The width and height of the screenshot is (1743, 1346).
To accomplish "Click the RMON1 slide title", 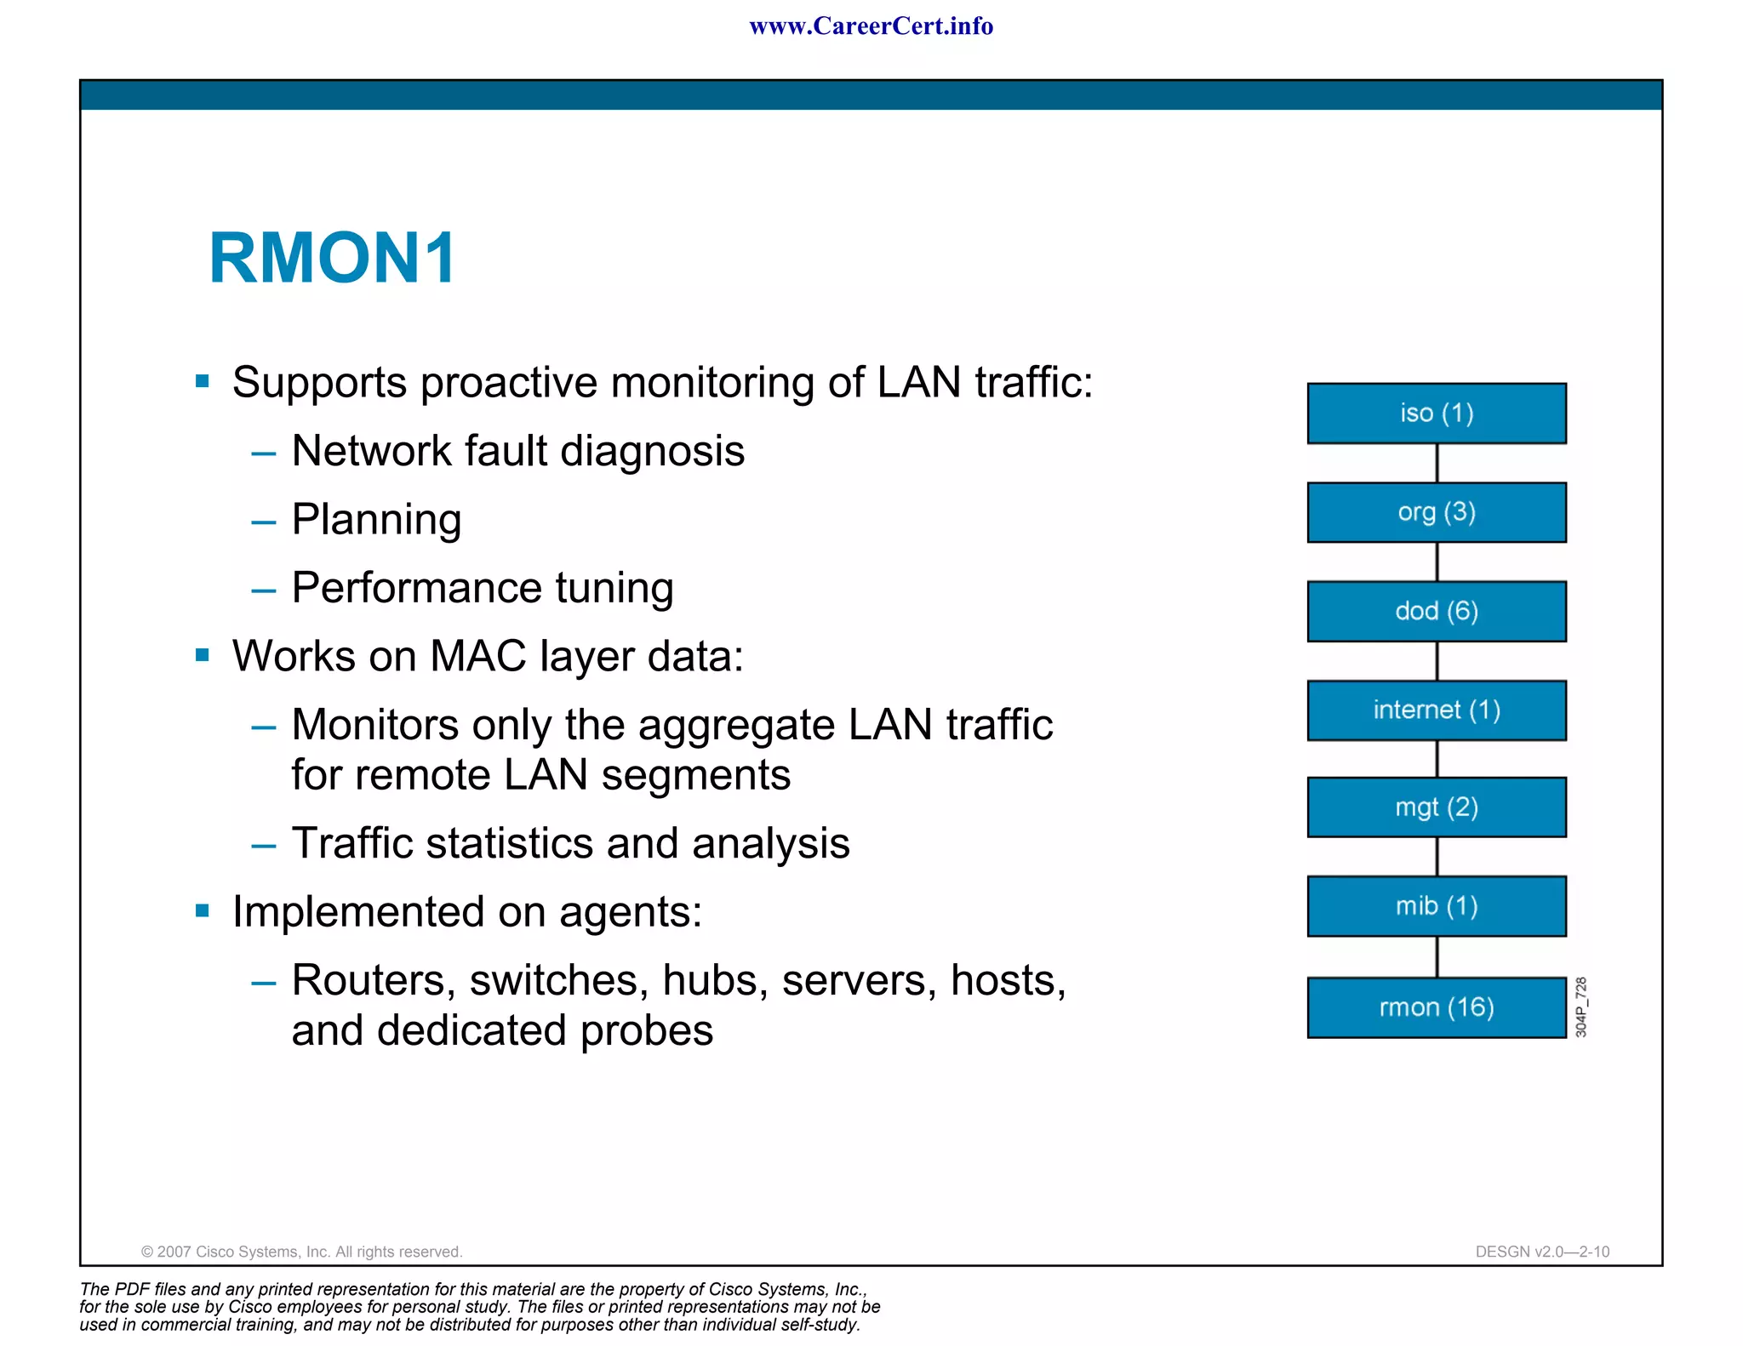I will [x=332, y=258].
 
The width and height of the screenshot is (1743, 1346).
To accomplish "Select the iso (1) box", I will [x=1437, y=413].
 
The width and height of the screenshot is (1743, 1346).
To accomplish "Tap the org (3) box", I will [x=1437, y=512].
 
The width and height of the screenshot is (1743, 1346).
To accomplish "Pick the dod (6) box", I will [x=1437, y=611].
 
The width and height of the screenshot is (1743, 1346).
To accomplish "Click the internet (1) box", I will [x=1437, y=710].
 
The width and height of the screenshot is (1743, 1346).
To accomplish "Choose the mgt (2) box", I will [x=1437, y=807].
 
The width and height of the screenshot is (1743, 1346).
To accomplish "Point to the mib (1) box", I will [x=1437, y=906].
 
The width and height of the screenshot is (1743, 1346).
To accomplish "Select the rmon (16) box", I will [x=1437, y=1007].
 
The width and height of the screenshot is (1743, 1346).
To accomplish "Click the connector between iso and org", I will [x=1437, y=463].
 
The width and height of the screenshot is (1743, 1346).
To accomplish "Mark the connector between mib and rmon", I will [x=1437, y=957].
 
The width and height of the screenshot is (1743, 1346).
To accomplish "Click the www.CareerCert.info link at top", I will [x=871, y=26].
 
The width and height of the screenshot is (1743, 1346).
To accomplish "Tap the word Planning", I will [x=376, y=520].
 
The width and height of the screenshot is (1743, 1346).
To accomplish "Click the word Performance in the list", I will [x=416, y=588].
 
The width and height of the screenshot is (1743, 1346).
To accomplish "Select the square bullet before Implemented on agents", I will [x=203, y=911].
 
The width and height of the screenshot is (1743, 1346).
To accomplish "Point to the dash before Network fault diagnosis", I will [x=264, y=453].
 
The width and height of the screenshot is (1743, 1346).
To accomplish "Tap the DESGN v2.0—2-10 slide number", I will [x=1542, y=1252].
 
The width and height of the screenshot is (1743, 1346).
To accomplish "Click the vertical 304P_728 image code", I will [x=1580, y=1007].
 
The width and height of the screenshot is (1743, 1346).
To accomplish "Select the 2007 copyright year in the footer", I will [x=174, y=1252].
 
